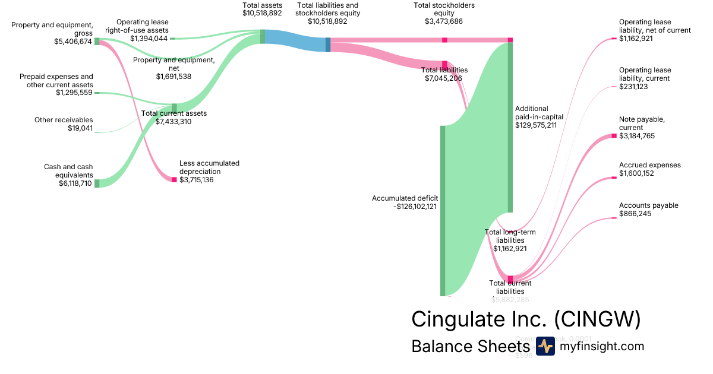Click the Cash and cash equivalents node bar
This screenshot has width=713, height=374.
coord(97,183)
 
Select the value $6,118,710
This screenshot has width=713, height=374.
coord(72,184)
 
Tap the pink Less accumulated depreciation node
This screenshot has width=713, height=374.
coord(174,179)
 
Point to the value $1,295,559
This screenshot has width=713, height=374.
coord(74,93)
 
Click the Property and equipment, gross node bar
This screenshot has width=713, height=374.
coord(97,42)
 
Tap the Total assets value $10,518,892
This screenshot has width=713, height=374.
coord(262,13)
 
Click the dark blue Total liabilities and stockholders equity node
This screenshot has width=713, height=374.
coord(328,45)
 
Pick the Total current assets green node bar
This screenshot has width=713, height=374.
coord(174,107)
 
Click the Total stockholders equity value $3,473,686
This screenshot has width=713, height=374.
coord(444,21)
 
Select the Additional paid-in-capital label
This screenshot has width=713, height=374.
coord(539,113)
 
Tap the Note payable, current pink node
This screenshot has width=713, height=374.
coord(614,136)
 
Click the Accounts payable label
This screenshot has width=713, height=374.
coord(648,205)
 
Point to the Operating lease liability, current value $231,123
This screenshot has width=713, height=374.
coord(633,87)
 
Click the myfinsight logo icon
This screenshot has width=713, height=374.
coord(545,346)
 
